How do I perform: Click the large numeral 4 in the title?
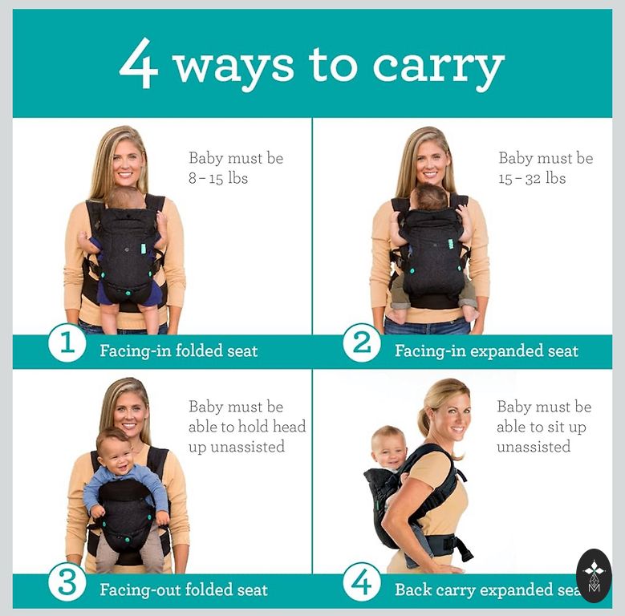tap(139, 63)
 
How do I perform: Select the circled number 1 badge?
tap(67, 343)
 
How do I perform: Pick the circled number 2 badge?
tap(362, 343)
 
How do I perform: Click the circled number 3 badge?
tap(67, 582)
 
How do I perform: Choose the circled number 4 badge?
tap(362, 582)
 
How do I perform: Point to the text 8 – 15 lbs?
tap(218, 178)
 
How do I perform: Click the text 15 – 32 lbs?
tap(532, 178)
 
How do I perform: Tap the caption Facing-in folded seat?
tap(179, 351)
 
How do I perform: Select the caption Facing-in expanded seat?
tap(486, 351)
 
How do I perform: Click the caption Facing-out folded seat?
tap(184, 590)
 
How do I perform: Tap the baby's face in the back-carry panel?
tap(388, 449)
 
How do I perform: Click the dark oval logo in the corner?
tap(594, 575)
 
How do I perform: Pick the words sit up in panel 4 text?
tap(566, 427)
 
